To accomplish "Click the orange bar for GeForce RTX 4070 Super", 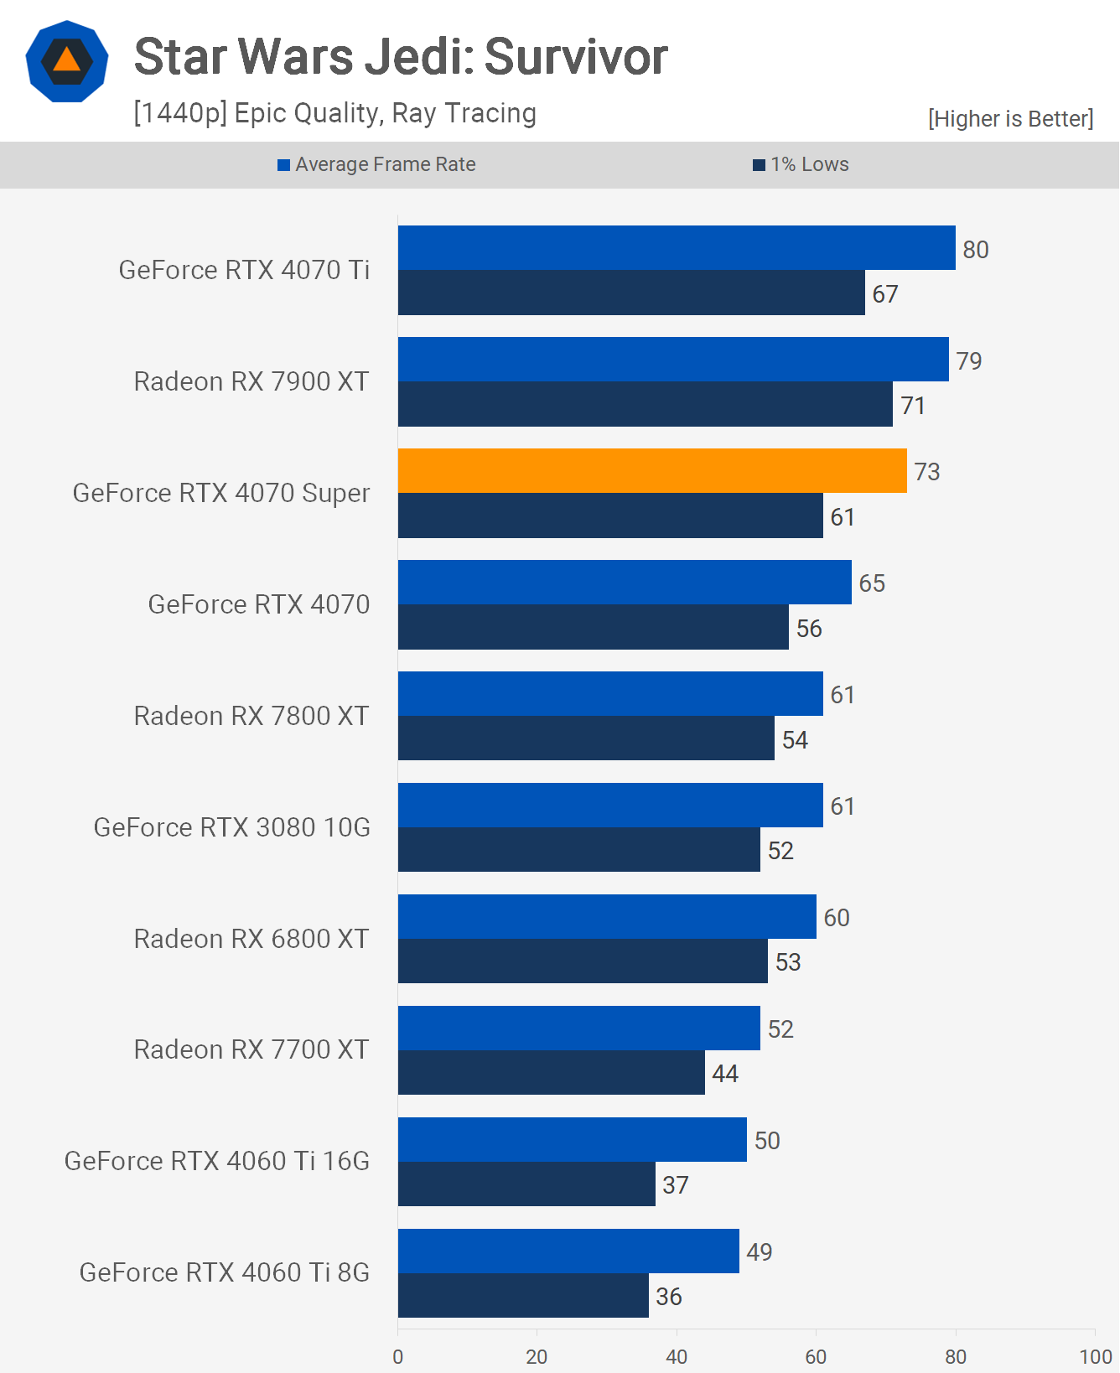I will pos(652,470).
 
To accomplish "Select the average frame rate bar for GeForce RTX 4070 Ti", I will pos(677,247).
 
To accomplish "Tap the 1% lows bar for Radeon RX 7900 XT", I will pos(645,404).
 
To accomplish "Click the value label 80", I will pos(975,250).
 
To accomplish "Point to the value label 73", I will pos(926,472).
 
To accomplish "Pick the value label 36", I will pos(668,1297).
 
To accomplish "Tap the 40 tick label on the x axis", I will pos(677,1356).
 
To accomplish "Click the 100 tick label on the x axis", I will pos(1095,1356).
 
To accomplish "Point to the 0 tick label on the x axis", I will pos(397,1356).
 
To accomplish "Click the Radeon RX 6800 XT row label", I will pos(251,939).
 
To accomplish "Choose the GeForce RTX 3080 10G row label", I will pos(231,827).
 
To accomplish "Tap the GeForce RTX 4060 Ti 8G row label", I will pos(224,1272).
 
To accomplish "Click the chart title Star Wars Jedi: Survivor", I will pos(401,57).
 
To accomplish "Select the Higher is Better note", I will pos(1010,119).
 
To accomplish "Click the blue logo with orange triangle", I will pos(67,61).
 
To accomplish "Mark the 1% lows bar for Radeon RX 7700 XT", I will pos(551,1072).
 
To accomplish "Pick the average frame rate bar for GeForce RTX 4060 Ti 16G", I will pos(572,1139).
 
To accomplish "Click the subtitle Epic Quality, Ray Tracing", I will pos(334,113).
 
